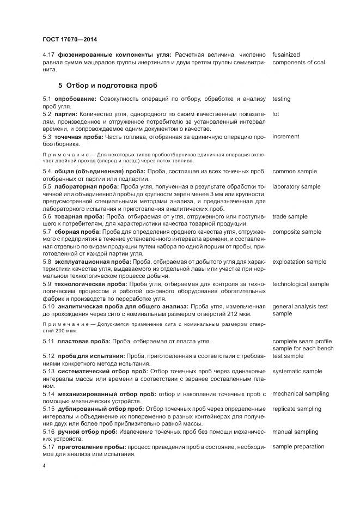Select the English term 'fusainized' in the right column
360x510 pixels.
(x=286, y=54)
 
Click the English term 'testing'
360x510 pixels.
(x=282, y=99)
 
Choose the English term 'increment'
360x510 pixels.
(x=286, y=136)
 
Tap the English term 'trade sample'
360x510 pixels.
(x=289, y=216)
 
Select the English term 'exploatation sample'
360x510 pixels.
(x=299, y=262)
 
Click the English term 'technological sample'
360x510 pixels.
(x=301, y=284)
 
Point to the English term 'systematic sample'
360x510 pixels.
(x=297, y=371)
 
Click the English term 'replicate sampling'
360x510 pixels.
(x=297, y=409)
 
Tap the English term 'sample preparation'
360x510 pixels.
(x=298, y=446)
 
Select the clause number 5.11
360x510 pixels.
(x=48, y=341)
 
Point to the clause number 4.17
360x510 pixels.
(x=48, y=54)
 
